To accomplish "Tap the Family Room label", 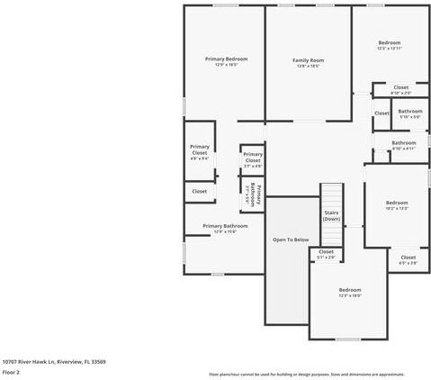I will (x=308, y=60).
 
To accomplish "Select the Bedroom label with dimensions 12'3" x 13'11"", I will (x=389, y=43).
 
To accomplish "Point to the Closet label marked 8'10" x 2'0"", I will (x=400, y=87).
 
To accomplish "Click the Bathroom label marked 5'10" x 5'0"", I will (x=409, y=112).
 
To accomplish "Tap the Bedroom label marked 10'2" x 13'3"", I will (x=397, y=203).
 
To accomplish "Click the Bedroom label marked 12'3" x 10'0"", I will (x=349, y=290).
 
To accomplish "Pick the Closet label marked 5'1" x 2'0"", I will (x=326, y=252).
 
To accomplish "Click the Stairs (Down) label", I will (x=331, y=216).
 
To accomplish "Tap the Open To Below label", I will (x=292, y=240).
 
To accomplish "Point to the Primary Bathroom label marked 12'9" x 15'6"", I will (x=225, y=226).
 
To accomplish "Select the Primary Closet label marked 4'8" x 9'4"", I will (x=199, y=154).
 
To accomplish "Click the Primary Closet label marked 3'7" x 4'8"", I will (x=253, y=160).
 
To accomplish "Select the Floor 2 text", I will (x=11, y=371).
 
